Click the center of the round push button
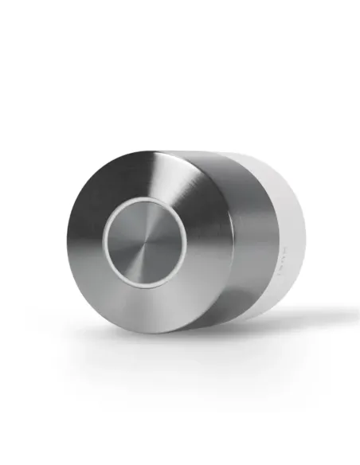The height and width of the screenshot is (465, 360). tap(145, 241)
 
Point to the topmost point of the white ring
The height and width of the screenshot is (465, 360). tap(145, 200)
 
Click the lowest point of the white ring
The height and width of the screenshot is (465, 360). tap(145, 283)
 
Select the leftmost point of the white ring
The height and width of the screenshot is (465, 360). tap(104, 241)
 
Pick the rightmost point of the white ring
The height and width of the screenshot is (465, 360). tap(187, 241)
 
